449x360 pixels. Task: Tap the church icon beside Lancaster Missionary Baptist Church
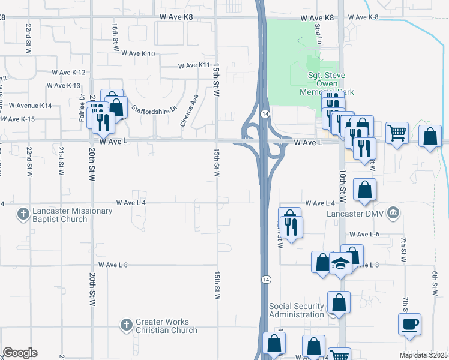point(23,215)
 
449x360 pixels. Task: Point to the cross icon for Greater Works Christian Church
point(126,326)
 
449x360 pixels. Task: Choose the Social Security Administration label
point(297,310)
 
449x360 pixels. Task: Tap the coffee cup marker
point(409,324)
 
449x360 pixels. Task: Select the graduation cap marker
point(340,265)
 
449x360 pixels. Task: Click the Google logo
point(20,353)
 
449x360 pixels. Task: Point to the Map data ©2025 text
point(424,355)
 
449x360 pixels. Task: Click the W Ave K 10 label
point(138,53)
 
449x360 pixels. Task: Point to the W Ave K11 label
point(195,65)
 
